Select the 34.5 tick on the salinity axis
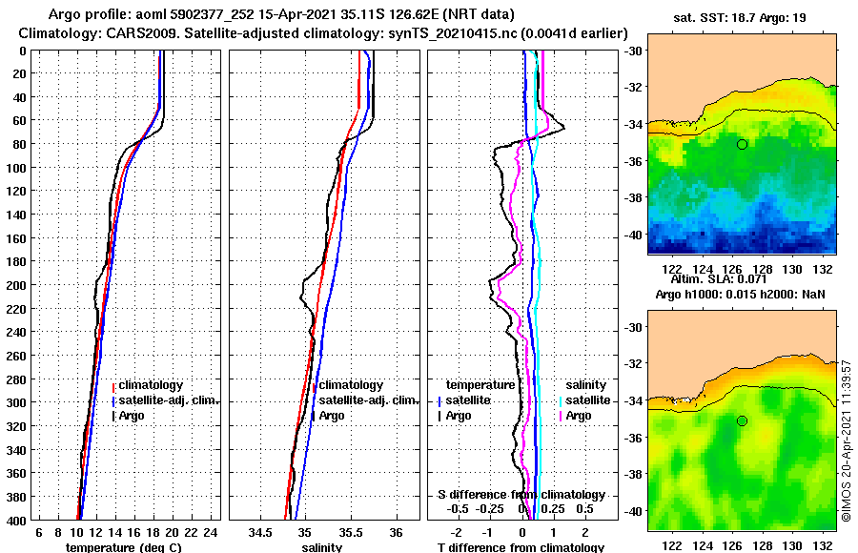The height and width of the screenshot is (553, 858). click(x=259, y=531)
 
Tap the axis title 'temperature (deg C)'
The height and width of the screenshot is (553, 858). click(x=123, y=547)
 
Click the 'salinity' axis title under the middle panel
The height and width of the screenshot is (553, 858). click(x=322, y=547)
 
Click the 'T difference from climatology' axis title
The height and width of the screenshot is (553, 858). click(x=521, y=547)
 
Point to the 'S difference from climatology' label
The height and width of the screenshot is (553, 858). click(x=521, y=495)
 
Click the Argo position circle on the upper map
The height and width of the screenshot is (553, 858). click(x=742, y=144)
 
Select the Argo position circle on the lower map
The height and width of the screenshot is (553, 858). click(x=742, y=420)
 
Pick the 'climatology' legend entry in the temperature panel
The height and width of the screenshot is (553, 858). click(x=152, y=385)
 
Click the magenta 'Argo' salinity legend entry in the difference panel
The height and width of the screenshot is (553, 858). click(x=578, y=416)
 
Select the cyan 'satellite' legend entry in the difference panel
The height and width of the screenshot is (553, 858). click(x=587, y=400)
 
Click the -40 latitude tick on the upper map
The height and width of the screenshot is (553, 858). click(x=635, y=234)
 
